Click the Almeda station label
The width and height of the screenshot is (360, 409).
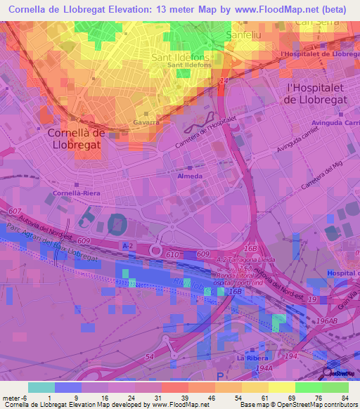point(194,176)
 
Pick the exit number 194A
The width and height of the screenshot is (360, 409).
point(264,368)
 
